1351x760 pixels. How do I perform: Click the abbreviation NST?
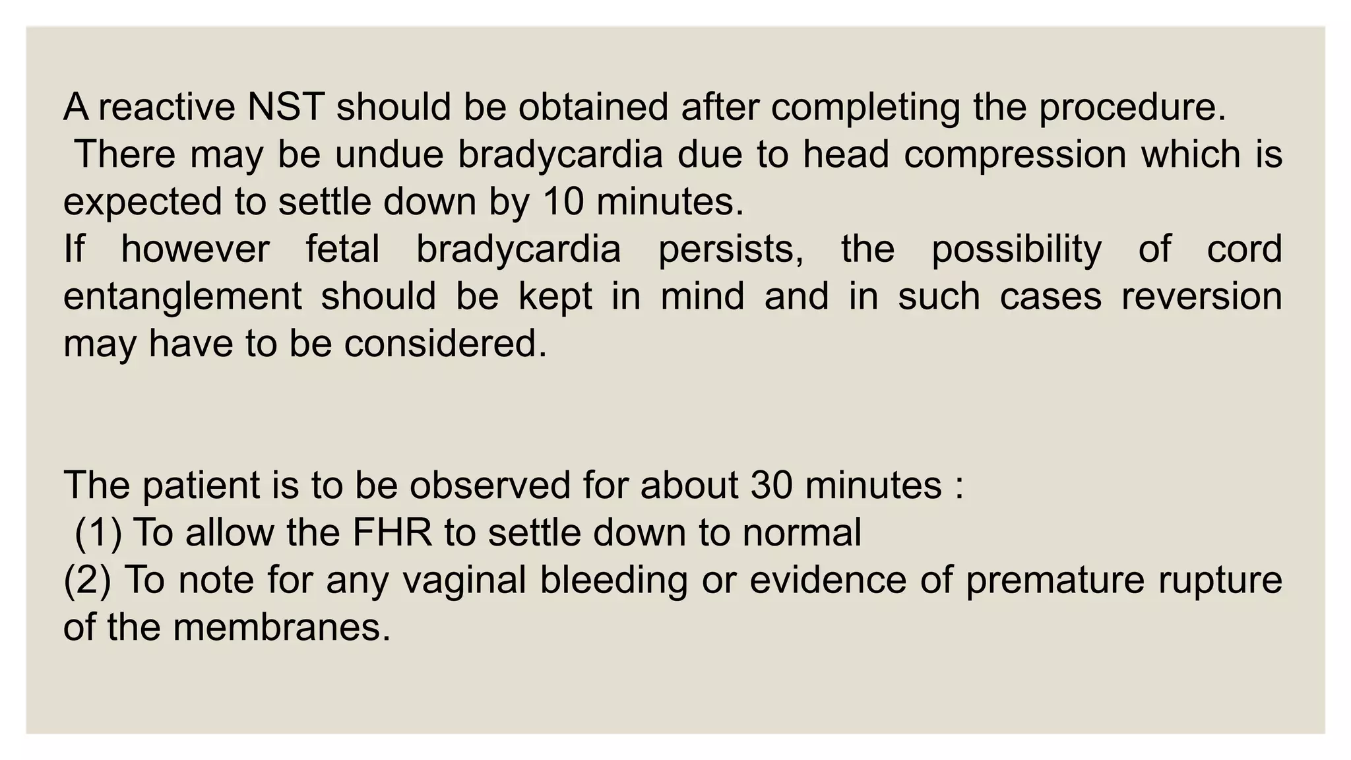(286, 107)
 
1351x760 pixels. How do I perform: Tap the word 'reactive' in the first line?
(167, 107)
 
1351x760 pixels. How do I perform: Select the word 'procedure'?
(1127, 107)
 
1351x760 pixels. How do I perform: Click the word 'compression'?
(1015, 154)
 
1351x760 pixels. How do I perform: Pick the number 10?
(563, 202)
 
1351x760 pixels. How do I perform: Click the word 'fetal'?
(342, 249)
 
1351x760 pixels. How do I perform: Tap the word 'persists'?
(730, 249)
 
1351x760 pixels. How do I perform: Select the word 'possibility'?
(1016, 249)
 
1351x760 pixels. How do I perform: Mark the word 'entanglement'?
(183, 297)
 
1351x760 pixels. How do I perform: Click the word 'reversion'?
(1201, 297)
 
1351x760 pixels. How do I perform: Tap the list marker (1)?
(98, 533)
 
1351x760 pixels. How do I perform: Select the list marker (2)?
(87, 581)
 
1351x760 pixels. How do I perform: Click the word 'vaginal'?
(464, 581)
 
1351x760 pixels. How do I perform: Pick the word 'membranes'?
(280, 627)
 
